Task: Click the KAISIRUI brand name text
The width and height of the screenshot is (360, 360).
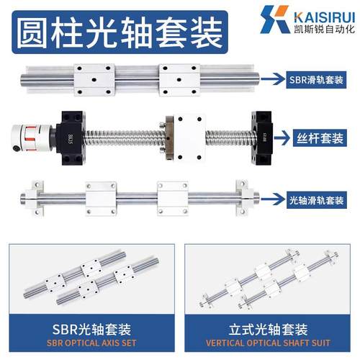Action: pyautogui.click(x=317, y=13)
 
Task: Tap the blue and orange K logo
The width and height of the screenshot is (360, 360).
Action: pyautogui.click(x=276, y=19)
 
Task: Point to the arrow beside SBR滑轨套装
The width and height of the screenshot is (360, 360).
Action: pyautogui.click(x=274, y=80)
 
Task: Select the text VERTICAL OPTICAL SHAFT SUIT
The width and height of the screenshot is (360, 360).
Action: pyautogui.click(x=267, y=343)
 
